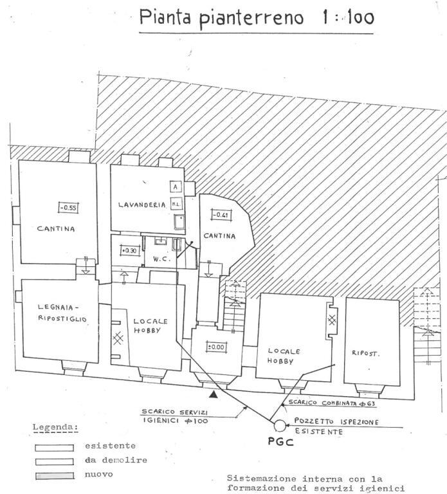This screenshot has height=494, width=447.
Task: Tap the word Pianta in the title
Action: click(169, 17)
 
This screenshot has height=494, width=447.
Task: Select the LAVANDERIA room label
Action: click(142, 205)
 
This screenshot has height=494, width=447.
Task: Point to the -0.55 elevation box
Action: click(67, 207)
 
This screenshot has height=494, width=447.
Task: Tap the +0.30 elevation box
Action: click(129, 250)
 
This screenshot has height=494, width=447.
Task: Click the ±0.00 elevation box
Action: click(215, 347)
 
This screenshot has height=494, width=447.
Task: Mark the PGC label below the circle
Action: click(279, 442)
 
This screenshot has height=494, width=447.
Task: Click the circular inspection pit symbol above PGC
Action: click(280, 425)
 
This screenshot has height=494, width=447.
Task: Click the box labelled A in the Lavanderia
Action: click(174, 187)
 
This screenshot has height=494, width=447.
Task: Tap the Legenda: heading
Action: click(55, 427)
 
